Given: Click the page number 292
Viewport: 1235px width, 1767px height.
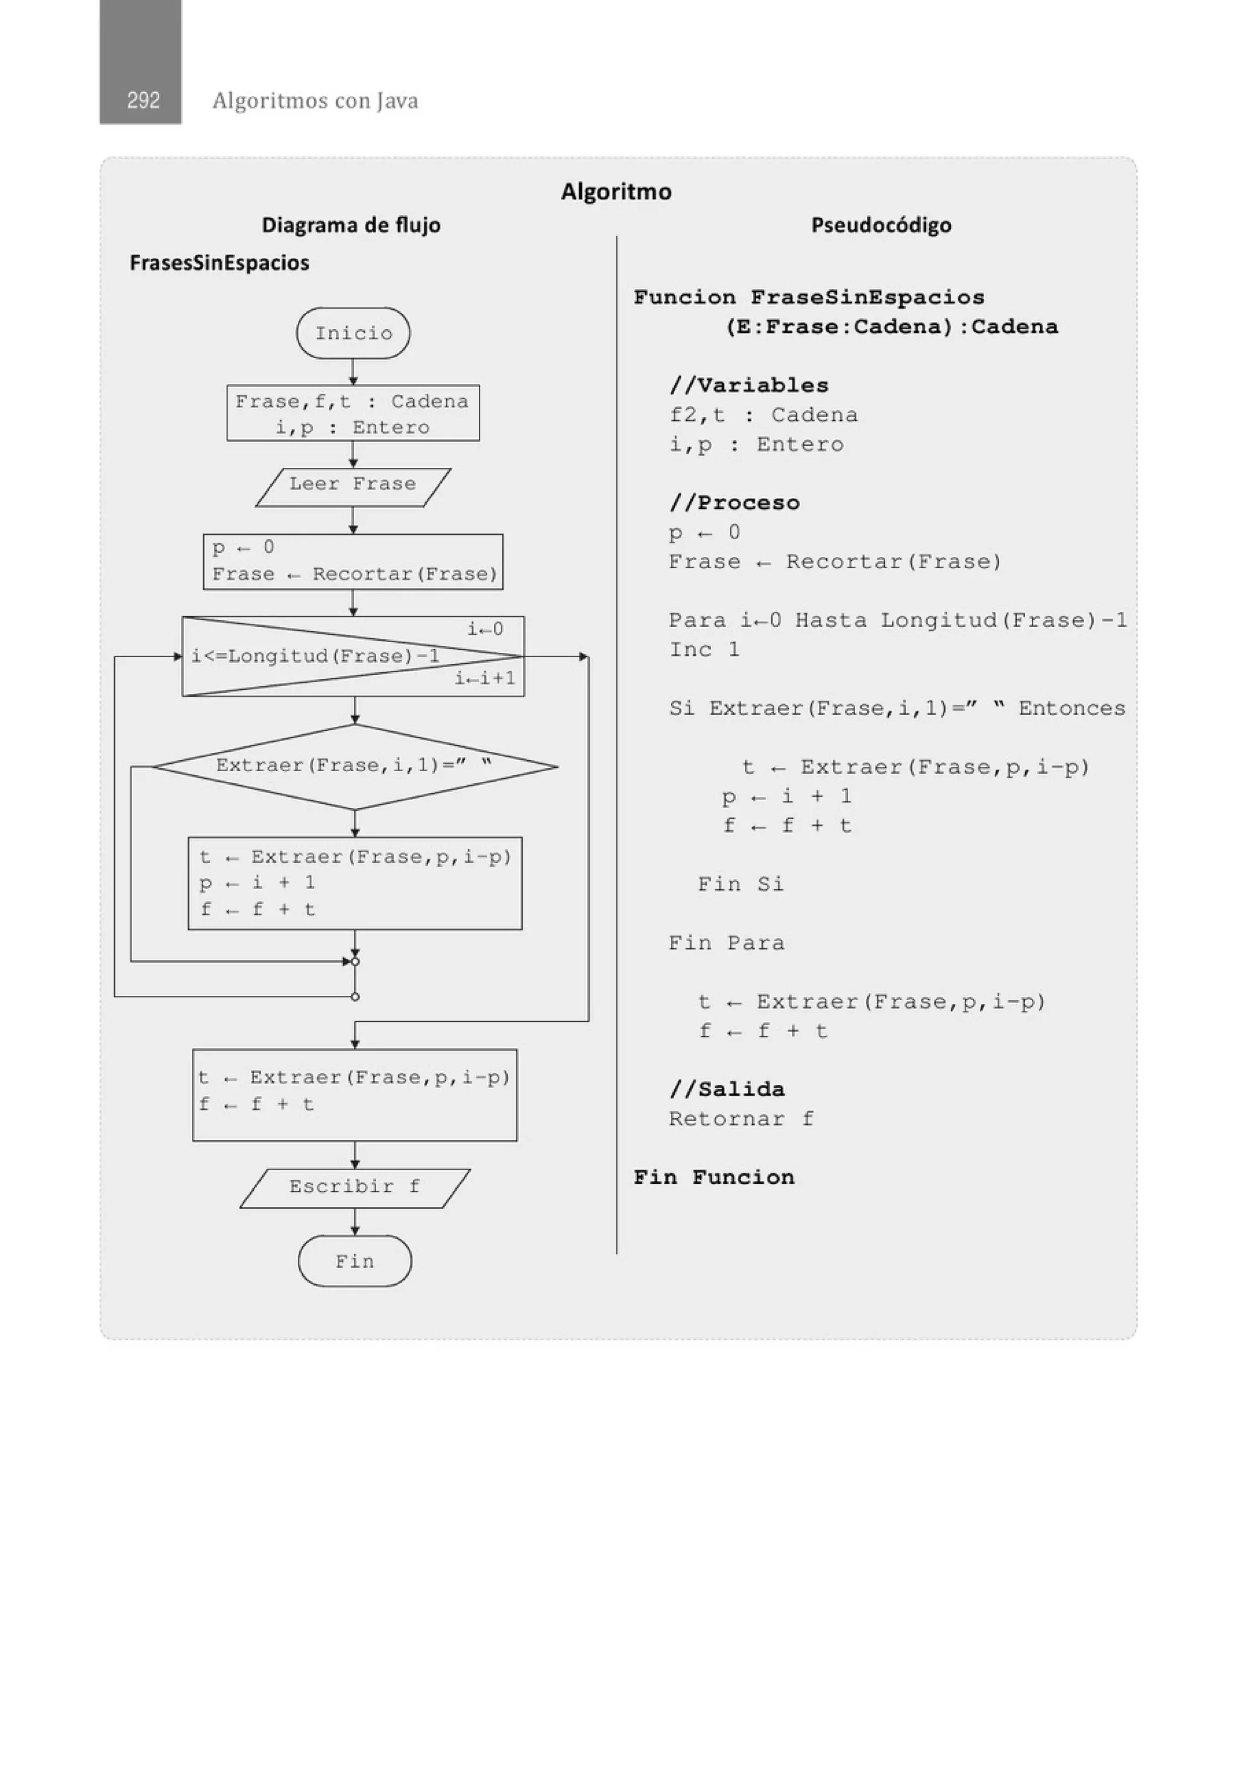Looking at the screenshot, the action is click(x=143, y=100).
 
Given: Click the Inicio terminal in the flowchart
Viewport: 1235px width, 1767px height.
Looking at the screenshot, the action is click(x=353, y=333).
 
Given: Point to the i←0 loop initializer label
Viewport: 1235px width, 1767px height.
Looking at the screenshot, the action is click(x=485, y=629).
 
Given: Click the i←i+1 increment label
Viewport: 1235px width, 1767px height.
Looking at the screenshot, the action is click(x=484, y=679).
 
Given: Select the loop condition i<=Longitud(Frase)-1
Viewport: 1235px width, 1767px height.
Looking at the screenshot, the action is click(x=315, y=656).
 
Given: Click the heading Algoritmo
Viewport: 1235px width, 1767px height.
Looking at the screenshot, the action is click(x=616, y=191).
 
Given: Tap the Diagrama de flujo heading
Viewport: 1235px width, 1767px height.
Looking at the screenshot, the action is click(x=351, y=225).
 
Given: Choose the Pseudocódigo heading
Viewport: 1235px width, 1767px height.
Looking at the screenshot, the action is click(x=881, y=225).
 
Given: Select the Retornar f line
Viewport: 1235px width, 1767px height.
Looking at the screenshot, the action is click(x=741, y=1118).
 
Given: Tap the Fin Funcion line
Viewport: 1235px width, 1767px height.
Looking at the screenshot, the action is click(x=714, y=1177).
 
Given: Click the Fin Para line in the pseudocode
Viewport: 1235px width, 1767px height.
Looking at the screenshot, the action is click(x=726, y=943).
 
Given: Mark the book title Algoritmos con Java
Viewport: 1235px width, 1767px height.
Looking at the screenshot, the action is click(x=315, y=100).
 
